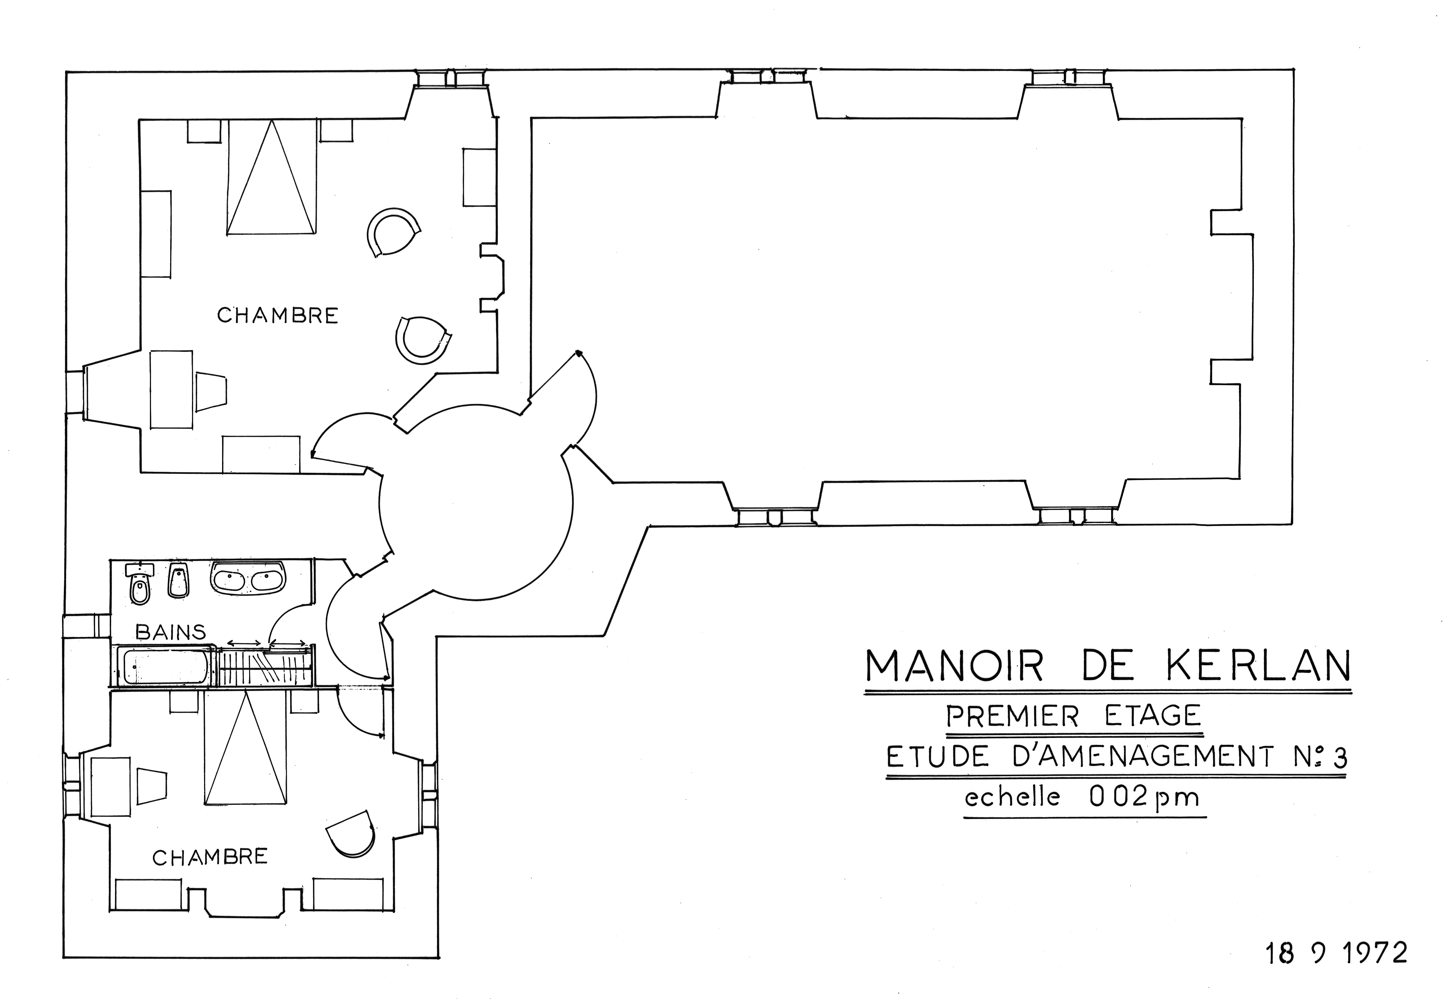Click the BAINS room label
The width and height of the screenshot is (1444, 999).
pos(171,632)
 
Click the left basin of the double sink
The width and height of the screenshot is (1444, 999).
pos(230,579)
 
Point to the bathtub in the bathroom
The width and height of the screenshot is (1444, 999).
pos(165,666)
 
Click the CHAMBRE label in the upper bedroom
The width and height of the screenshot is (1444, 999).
pos(277,315)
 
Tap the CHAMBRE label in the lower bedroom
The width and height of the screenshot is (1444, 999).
pos(210,857)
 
